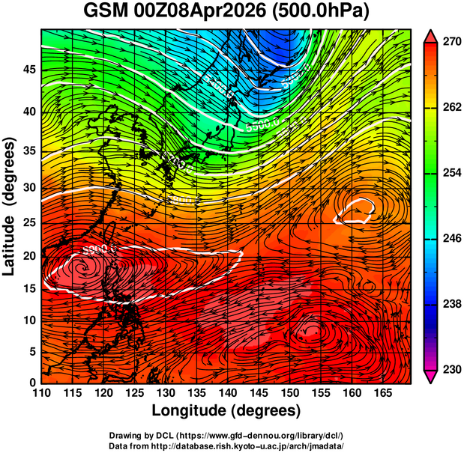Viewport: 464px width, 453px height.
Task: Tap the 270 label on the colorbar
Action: tap(451, 43)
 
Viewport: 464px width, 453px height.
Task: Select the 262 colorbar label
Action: tap(451, 109)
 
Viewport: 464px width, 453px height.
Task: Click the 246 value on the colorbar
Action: tap(451, 239)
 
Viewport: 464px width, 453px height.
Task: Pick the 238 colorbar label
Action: tap(451, 304)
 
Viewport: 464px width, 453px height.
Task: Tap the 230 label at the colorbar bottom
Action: tap(451, 369)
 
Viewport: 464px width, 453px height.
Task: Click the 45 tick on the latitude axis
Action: tap(28, 70)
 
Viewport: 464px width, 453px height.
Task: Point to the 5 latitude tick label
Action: tap(32, 351)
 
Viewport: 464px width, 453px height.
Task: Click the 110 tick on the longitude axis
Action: tap(41, 393)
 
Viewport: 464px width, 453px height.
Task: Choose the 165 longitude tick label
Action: tap(381, 393)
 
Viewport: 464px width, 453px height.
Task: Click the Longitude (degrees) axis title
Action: tap(226, 410)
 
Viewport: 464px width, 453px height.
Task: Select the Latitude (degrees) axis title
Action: tap(10, 206)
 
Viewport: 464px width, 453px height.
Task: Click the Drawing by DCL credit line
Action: tap(226, 435)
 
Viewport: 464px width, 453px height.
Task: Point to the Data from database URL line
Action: tap(226, 446)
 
